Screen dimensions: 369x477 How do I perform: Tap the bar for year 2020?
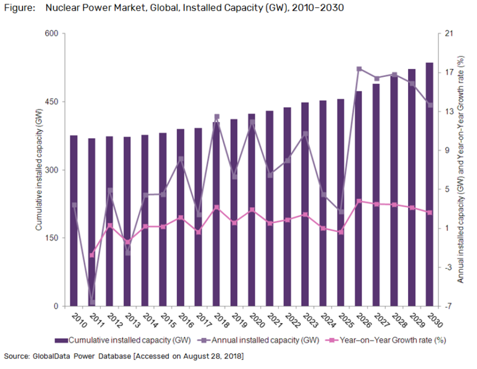252,211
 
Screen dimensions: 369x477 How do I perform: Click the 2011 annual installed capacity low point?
93,302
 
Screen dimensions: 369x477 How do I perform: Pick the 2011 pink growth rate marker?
92,255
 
